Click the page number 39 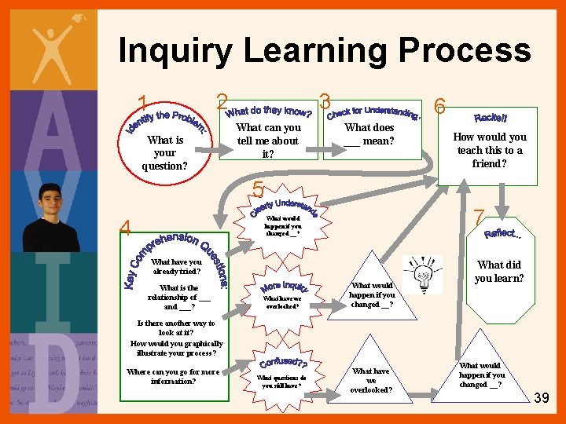[x=541, y=399]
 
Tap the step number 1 [x=143, y=103]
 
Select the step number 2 [x=222, y=102]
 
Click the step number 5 [x=257, y=189]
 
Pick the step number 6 [x=441, y=107]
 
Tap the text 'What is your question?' [x=165, y=153]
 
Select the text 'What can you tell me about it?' [x=268, y=141]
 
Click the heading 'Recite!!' [x=491, y=118]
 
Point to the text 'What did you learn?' [x=499, y=272]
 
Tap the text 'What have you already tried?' [x=176, y=267]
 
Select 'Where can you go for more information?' [x=173, y=376]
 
